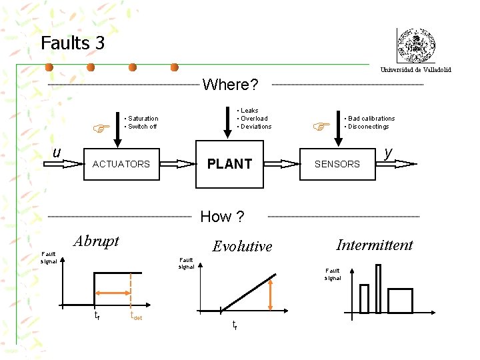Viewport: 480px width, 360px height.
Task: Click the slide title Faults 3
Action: coord(72,43)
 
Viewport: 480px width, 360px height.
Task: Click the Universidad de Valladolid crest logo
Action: coord(416,47)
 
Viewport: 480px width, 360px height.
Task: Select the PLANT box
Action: coord(229,163)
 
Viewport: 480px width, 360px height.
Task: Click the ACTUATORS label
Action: coord(121,164)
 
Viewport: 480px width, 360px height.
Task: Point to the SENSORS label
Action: coord(337,164)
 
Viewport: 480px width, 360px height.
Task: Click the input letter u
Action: coord(57,153)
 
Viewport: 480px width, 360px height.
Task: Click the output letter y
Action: coord(389,153)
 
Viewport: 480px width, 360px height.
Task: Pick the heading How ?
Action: coord(222,217)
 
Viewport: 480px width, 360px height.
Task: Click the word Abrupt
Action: coord(97,241)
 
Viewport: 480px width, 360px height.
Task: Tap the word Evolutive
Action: coord(242,246)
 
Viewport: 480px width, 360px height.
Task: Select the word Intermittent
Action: coord(375,245)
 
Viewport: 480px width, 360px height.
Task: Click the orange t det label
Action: coord(136,317)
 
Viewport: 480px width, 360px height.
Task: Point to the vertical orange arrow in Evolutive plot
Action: coord(270,294)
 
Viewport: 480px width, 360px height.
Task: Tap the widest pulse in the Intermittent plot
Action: coord(400,301)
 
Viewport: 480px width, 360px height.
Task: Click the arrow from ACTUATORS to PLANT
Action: coord(176,163)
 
